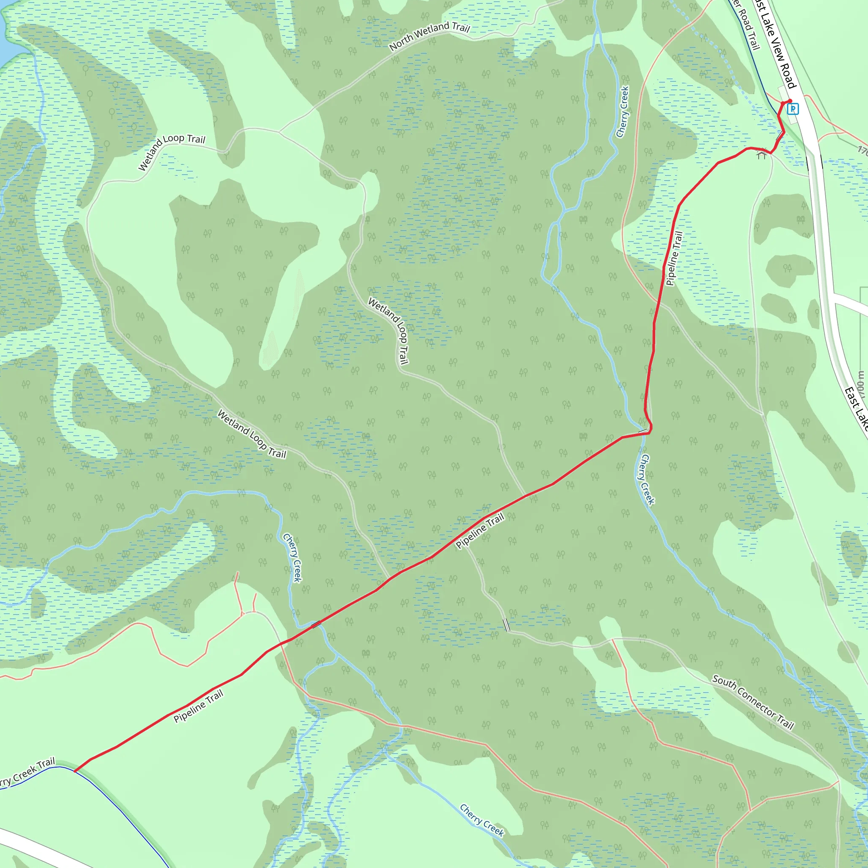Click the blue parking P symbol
793,109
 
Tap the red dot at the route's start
789,101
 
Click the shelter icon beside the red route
761,155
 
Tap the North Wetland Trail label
429,36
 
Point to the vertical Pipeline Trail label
674,259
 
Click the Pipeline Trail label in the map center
480,531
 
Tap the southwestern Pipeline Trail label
198,707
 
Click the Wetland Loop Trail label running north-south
389,331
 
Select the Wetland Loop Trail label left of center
252,434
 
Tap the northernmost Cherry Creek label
623,112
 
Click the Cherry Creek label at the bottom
481,821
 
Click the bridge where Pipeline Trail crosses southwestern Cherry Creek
316,624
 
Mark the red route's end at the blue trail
75,771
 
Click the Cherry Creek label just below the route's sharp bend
647,479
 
